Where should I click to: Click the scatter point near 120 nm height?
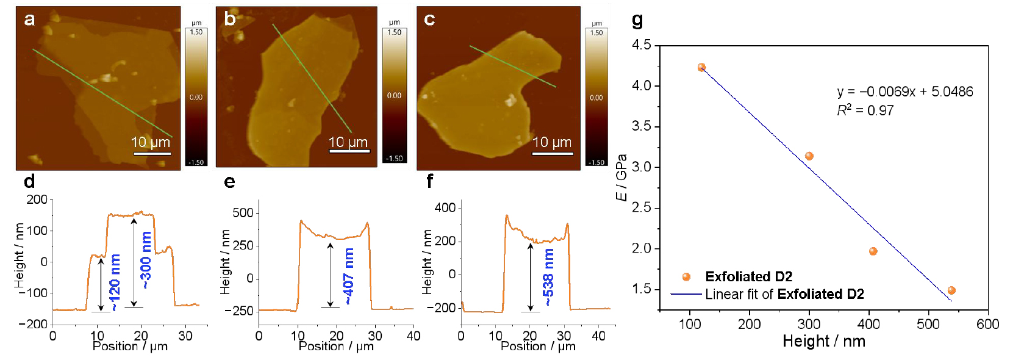[701, 68]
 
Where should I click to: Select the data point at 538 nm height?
[951, 290]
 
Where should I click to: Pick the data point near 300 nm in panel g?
[809, 156]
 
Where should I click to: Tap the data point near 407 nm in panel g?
[873, 251]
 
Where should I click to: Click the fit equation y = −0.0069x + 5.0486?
[905, 92]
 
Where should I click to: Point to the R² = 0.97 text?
[865, 110]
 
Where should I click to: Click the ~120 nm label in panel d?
[115, 283]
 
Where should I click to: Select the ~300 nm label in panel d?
[146, 260]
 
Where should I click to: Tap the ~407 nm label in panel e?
[348, 276]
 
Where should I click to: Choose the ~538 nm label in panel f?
[548, 277]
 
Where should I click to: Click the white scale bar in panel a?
[152, 153]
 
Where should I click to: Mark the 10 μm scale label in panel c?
[552, 142]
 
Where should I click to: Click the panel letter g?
[637, 20]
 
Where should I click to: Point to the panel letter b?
[230, 19]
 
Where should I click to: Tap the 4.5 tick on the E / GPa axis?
[641, 45]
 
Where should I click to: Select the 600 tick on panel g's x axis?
[987, 324]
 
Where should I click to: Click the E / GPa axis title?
[621, 177]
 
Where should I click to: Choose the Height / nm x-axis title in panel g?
[824, 341]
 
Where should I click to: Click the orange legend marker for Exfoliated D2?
[686, 277]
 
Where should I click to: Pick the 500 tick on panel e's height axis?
[243, 213]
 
